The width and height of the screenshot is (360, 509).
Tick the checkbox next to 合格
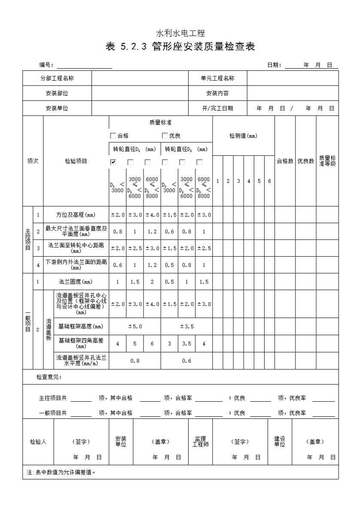tap(113, 136)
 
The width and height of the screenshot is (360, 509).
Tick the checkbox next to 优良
tap(165, 136)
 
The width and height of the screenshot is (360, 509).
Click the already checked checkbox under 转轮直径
tap(113, 162)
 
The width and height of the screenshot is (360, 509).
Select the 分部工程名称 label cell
tap(57, 78)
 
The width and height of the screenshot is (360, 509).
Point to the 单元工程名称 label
tap(217, 78)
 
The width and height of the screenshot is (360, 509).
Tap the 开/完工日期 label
tap(217, 109)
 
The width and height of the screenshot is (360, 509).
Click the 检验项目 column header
tap(76, 161)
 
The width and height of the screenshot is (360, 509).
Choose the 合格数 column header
tap(285, 161)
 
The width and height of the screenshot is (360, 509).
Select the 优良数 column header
tap(305, 161)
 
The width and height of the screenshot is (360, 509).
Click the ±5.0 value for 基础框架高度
tap(135, 327)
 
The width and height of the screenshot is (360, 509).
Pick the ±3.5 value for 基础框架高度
tap(186, 327)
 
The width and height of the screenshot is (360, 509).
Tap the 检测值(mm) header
tap(243, 136)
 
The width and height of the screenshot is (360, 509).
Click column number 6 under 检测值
tap(269, 181)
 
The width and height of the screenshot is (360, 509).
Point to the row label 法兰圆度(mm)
tap(76, 282)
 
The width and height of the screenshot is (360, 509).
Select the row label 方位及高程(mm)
tap(76, 215)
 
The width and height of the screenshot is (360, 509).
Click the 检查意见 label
tap(49, 377)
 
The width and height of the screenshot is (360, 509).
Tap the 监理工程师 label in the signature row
tap(200, 442)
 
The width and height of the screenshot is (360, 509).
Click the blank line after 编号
tap(84, 66)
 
